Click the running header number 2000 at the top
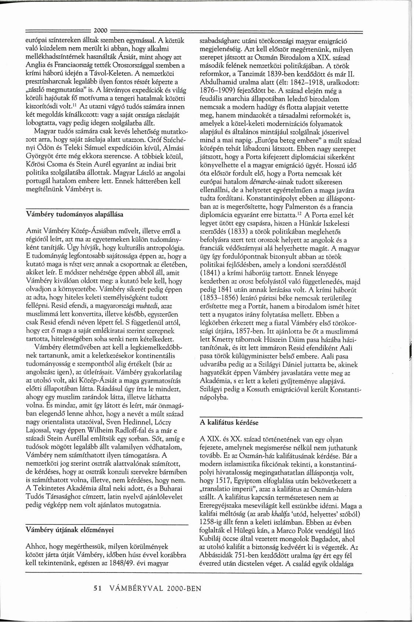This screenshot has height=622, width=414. coord(100,30)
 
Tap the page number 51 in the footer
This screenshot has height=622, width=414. coord(97,588)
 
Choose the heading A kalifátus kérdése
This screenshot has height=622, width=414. coord(229,422)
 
